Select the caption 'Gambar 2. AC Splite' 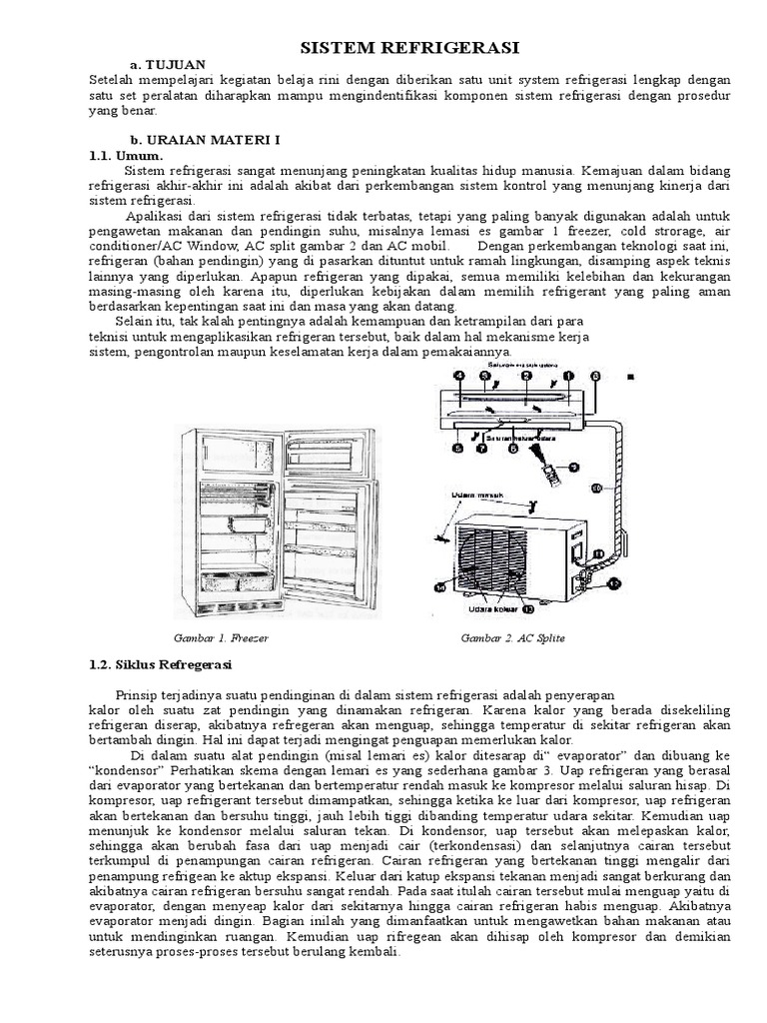505,637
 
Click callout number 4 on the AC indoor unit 458,376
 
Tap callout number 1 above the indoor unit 568,376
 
